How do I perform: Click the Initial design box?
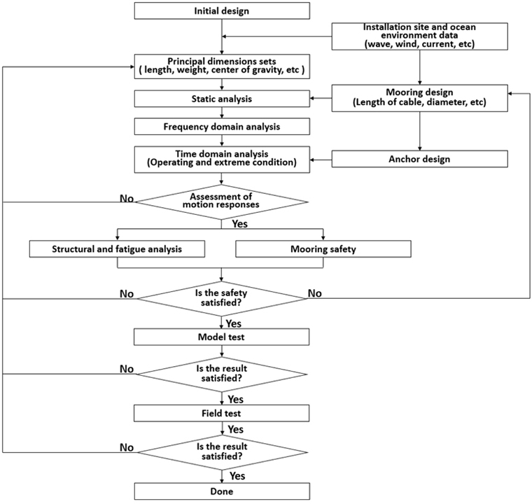tap(222, 11)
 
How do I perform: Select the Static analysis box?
tap(222, 99)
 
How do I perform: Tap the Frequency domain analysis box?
tap(222, 127)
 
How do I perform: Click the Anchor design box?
tap(420, 159)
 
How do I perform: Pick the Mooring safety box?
tap(323, 248)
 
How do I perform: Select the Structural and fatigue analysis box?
tap(117, 248)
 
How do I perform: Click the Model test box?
tap(222, 337)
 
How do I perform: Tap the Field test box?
tap(222, 413)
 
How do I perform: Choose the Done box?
tap(222, 491)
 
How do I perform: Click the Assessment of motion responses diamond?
tap(222, 202)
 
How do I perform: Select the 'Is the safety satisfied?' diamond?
tap(222, 299)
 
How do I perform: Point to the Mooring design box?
tap(420, 98)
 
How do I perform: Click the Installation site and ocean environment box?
tap(420, 36)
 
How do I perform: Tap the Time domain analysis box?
tap(222, 160)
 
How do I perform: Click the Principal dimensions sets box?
tap(222, 66)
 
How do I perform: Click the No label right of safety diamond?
tap(315, 293)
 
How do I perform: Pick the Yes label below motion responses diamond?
tap(240, 224)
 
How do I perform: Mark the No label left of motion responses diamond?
tap(127, 199)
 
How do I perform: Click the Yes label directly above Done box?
tap(237, 476)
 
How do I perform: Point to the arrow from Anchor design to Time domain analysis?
tap(321, 160)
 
